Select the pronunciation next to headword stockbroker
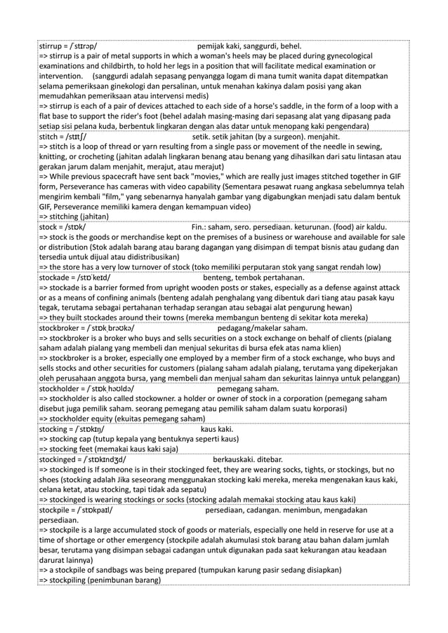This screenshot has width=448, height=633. click(x=113, y=328)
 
